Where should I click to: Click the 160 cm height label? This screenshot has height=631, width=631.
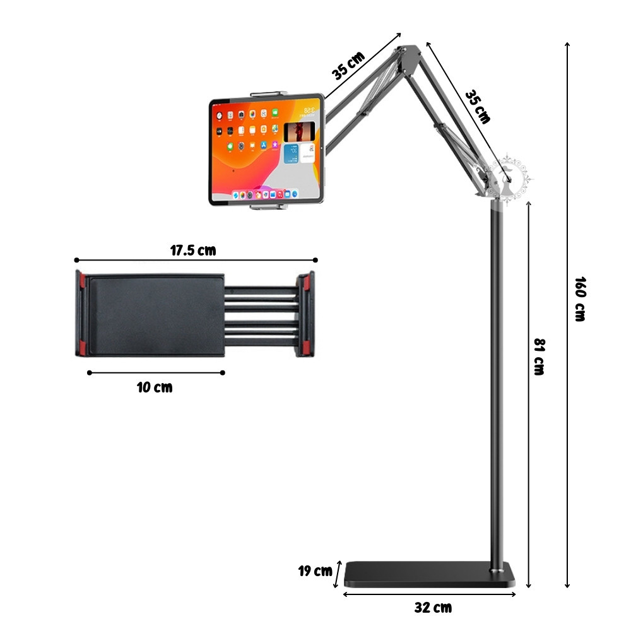point(580,299)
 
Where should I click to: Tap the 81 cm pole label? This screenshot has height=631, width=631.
point(540,357)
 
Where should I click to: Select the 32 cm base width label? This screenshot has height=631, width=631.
point(433,607)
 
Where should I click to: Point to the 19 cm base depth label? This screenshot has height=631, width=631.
point(315,570)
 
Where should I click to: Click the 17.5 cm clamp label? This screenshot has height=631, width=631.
point(193,251)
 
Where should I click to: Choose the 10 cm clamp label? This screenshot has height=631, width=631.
point(155,387)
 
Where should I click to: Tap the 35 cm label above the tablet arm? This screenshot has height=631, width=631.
point(348,66)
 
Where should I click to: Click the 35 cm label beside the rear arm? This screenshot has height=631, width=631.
point(478,107)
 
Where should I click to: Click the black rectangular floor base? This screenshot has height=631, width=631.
point(430,574)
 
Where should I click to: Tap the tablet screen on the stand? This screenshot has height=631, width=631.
point(267,150)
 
